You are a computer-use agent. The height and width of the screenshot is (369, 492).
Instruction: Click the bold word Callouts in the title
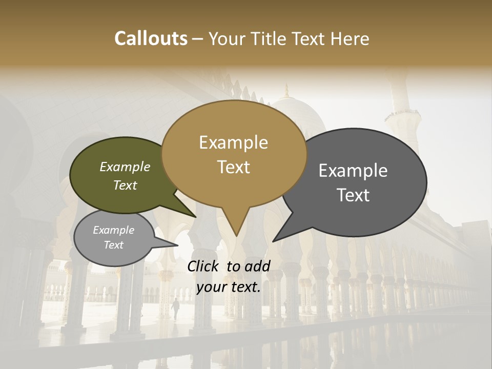click(151, 38)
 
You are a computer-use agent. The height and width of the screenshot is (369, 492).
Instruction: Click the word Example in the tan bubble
click(233, 142)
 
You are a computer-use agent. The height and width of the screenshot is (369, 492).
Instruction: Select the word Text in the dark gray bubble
click(354, 195)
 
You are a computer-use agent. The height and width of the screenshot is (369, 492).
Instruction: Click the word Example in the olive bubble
click(125, 167)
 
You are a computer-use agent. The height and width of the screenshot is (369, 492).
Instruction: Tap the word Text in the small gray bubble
click(114, 245)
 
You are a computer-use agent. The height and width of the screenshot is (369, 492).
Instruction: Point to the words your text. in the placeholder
click(229, 287)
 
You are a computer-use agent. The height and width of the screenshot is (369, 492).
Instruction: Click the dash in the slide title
click(198, 39)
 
